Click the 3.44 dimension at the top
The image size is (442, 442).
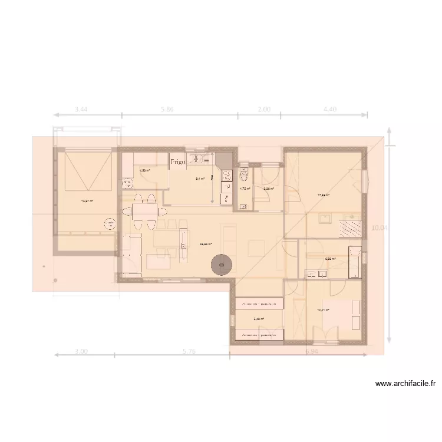click(x=82, y=109)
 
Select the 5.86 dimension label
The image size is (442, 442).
click(x=180, y=109)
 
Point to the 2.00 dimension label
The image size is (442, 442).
click(x=264, y=109)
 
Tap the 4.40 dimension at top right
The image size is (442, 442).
click(x=329, y=109)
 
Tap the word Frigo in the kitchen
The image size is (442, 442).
click(x=178, y=161)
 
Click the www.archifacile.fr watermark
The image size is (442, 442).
click(x=406, y=384)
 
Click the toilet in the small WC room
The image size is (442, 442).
click(x=246, y=175)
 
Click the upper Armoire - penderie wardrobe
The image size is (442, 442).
click(x=260, y=304)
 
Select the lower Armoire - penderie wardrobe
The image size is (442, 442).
click(x=260, y=334)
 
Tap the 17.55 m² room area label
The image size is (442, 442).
click(x=323, y=195)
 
